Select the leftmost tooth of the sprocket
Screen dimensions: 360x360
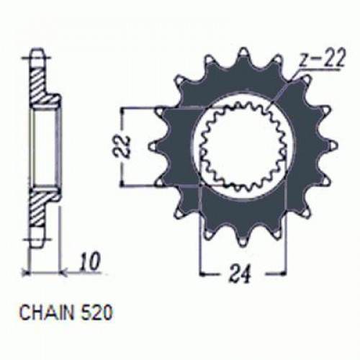(154, 145)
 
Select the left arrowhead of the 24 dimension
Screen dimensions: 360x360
(204, 273)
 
